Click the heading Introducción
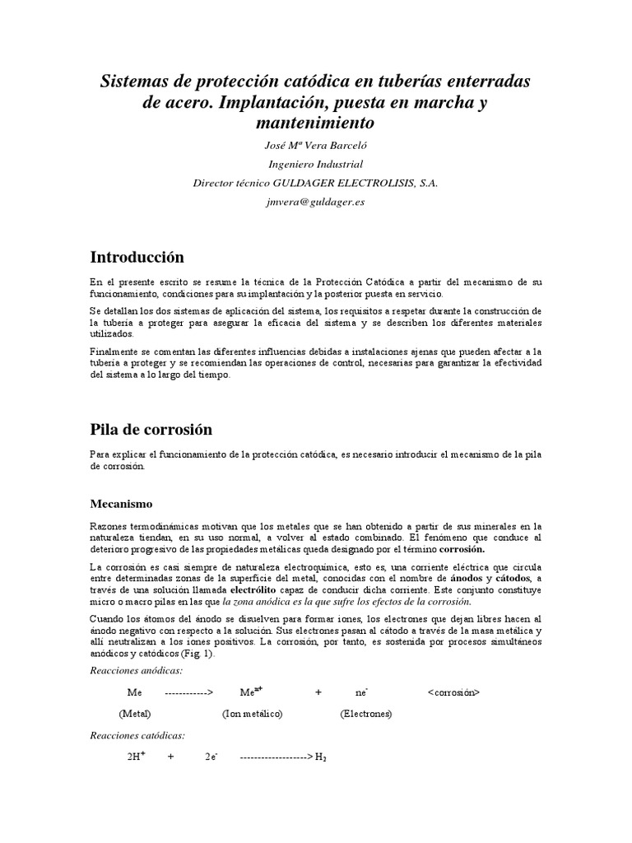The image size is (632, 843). coord(137,257)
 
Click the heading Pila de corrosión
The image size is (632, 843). coord(151,429)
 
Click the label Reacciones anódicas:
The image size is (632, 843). coord(136,672)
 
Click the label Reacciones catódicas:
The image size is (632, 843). coord(137,735)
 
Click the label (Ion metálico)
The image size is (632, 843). coord(253,715)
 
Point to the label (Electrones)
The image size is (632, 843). coord(366,715)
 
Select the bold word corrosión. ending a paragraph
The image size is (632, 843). coord(462,548)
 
